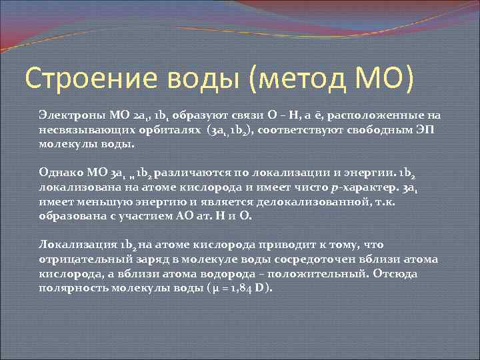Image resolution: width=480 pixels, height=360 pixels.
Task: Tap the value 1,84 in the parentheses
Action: click(237, 289)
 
